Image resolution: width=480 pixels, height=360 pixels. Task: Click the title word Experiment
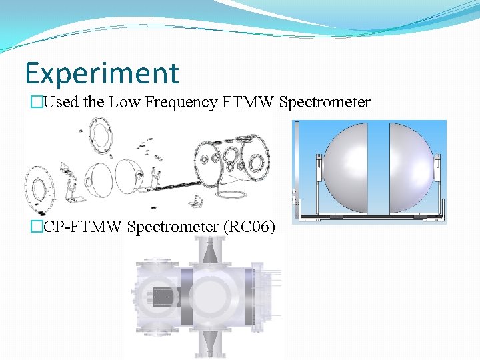click(101, 73)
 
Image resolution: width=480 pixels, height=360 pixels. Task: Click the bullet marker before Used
click(27, 102)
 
